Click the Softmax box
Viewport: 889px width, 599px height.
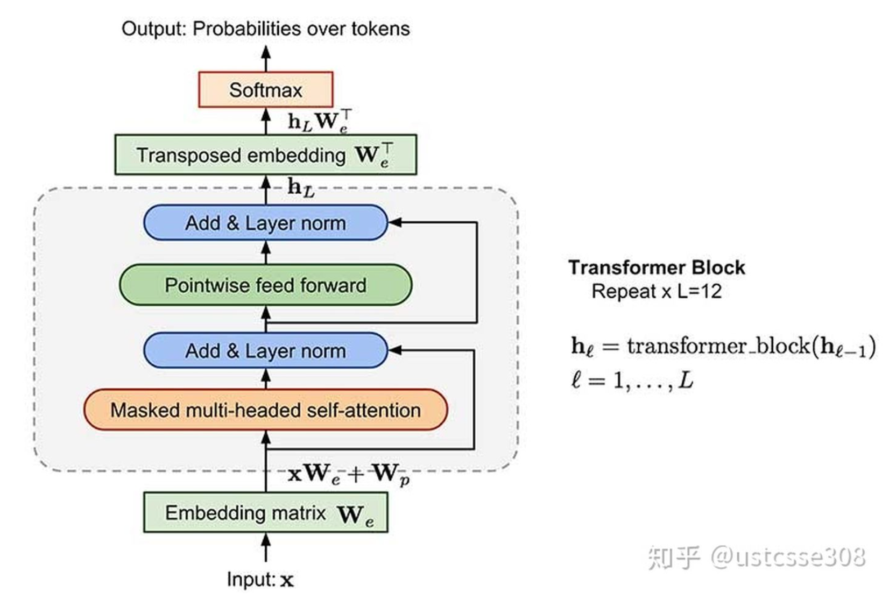pos(265,89)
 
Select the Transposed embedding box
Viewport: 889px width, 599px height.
pos(265,155)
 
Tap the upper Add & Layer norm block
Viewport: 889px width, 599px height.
pos(265,223)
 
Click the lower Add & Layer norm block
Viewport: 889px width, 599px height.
pos(265,351)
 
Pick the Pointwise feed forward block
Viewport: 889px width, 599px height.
pos(265,285)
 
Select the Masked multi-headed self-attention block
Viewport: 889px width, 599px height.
pos(265,410)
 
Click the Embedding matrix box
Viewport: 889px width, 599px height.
pos(265,513)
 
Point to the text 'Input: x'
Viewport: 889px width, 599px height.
pos(260,580)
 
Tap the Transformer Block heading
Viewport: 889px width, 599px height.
pos(656,267)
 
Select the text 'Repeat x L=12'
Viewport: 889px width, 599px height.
pos(656,292)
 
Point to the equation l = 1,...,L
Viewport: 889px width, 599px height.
pos(632,380)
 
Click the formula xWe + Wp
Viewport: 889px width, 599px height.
pos(349,474)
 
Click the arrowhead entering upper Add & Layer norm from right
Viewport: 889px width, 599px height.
pos(395,222)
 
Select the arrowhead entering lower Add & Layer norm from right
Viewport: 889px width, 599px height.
pos(395,350)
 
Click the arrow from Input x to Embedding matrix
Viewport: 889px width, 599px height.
pos(265,547)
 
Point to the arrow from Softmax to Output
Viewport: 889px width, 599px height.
pos(265,58)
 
